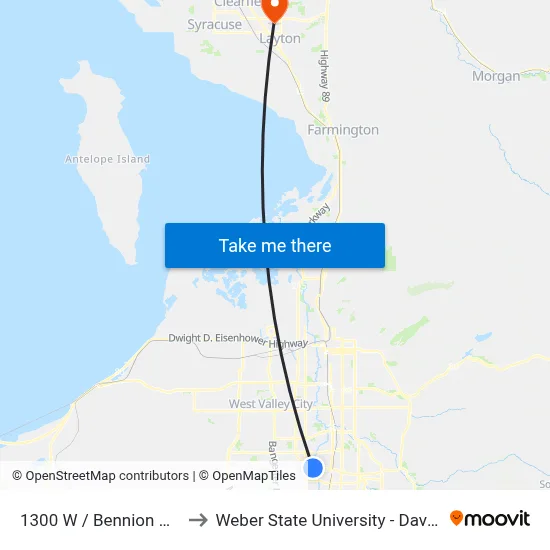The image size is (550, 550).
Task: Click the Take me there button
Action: (x=275, y=245)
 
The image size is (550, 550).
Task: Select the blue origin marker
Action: (x=314, y=467)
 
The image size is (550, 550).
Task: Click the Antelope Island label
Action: (x=107, y=159)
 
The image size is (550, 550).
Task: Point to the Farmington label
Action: (x=343, y=130)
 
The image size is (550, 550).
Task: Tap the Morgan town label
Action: (x=496, y=76)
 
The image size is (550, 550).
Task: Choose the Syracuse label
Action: (x=214, y=24)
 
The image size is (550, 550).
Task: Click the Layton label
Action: (x=280, y=39)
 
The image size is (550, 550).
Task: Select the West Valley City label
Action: (x=271, y=404)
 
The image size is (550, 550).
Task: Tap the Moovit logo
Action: (x=490, y=518)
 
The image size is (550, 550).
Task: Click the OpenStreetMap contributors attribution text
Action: (x=107, y=476)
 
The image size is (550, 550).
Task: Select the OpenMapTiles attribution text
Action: (x=254, y=476)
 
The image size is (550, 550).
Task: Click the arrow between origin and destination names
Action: (x=197, y=519)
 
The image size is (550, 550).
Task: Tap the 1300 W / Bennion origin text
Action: (x=87, y=520)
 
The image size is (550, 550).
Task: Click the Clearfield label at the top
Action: (x=237, y=4)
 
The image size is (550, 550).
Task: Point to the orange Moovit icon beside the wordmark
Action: (x=457, y=518)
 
